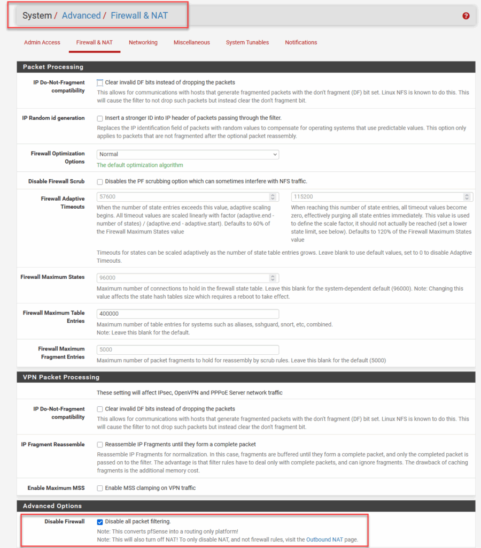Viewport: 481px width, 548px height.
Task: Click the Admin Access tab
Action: (x=42, y=42)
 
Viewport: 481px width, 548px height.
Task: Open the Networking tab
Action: (x=143, y=42)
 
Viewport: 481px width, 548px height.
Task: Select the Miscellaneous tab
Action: (x=191, y=42)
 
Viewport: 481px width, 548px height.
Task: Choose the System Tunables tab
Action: (x=247, y=42)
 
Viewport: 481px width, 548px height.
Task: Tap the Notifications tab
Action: (x=301, y=42)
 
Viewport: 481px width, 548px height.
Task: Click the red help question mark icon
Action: (x=466, y=16)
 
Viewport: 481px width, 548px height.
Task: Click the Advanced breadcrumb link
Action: (x=81, y=16)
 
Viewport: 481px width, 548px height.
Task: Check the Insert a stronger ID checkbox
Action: (x=100, y=118)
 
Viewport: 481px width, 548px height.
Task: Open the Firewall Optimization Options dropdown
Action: (x=188, y=154)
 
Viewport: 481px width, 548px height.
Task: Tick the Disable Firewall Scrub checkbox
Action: (x=100, y=181)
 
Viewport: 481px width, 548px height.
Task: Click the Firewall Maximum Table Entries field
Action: (x=188, y=314)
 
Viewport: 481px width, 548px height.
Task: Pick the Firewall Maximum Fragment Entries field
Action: (x=188, y=349)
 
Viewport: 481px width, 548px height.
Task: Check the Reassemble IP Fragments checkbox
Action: (x=100, y=445)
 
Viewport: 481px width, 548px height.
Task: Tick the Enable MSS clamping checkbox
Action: (x=100, y=488)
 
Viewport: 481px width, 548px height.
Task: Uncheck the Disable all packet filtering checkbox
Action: (x=100, y=522)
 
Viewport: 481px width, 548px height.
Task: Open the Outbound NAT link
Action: (x=324, y=539)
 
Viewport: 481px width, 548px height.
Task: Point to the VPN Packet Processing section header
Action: (x=61, y=377)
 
